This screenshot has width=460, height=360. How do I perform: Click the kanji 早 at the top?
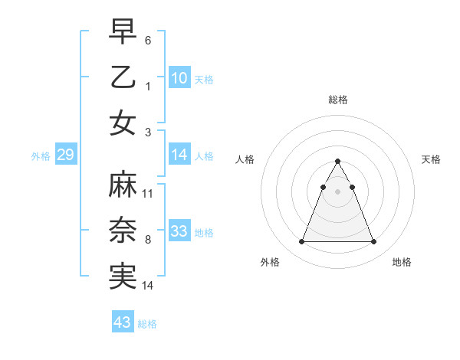point(123,31)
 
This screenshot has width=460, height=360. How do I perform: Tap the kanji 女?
point(123,122)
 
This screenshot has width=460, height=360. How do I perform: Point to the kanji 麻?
point(123,186)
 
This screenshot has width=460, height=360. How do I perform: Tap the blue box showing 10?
point(179,78)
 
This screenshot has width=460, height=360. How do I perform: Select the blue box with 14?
point(179,155)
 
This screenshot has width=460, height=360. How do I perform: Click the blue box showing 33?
point(179,231)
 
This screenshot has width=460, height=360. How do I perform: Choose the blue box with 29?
point(65,155)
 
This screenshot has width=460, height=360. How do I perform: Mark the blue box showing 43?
point(123,322)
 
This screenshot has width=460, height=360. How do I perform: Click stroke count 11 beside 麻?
point(148,193)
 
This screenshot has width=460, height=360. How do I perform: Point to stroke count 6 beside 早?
point(148,39)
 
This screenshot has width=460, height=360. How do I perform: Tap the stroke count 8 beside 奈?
point(148,239)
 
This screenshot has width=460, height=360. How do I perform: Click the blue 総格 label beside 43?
point(147,324)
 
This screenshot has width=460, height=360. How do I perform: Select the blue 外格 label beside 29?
point(41,156)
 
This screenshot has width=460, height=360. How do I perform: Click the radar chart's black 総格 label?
point(337,100)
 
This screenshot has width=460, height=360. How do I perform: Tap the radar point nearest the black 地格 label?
point(373,242)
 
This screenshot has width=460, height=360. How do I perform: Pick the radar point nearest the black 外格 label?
point(301,242)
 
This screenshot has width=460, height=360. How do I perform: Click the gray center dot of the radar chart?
point(337,191)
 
